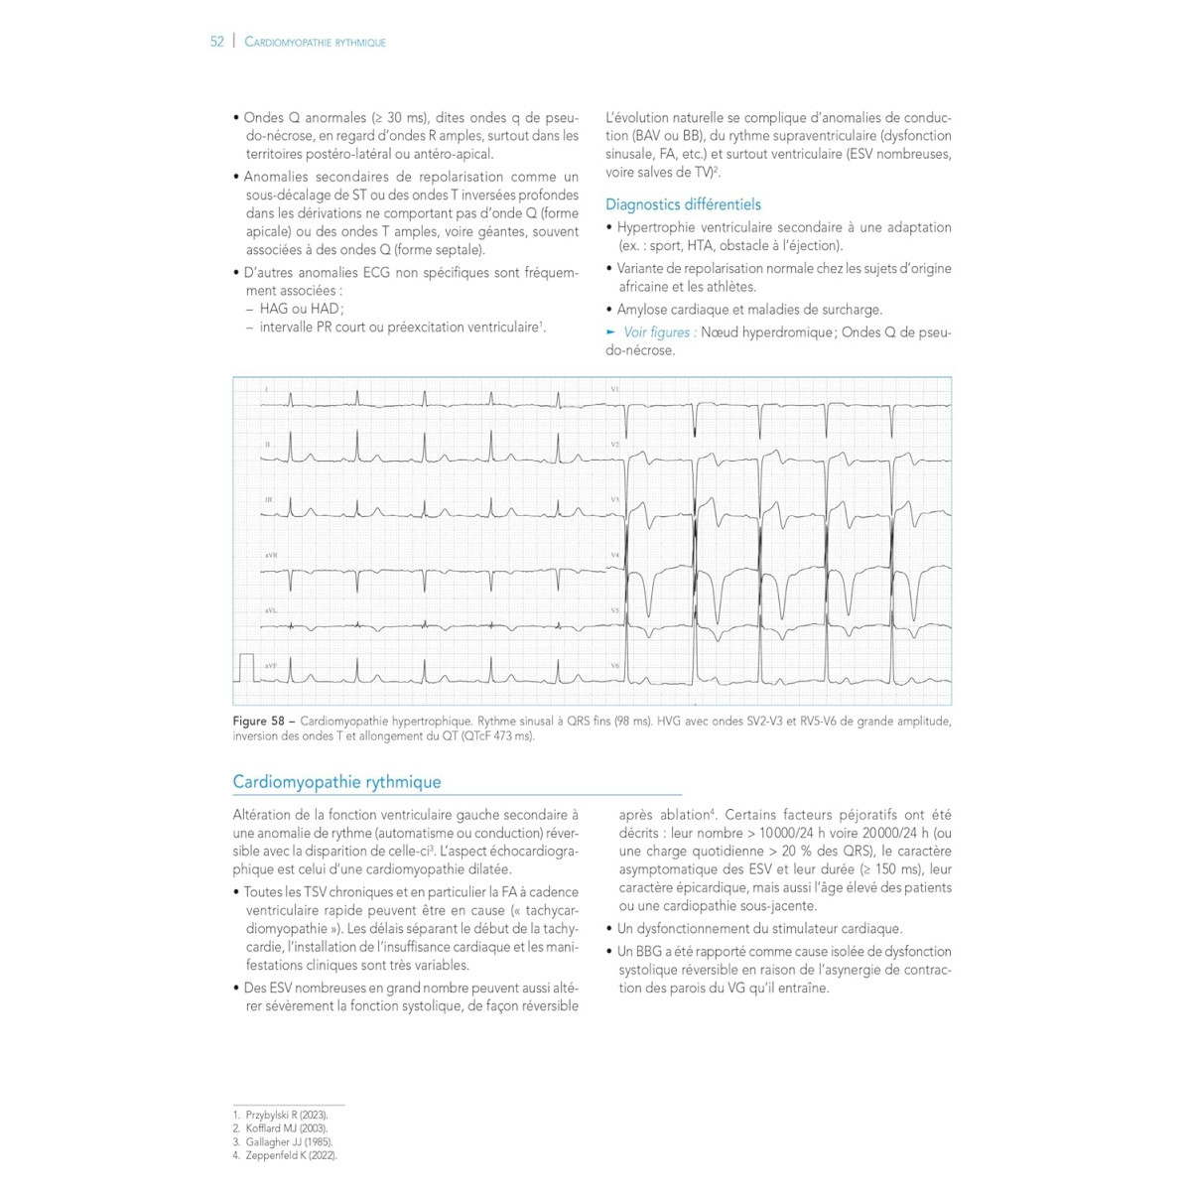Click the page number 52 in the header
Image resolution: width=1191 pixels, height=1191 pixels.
216,42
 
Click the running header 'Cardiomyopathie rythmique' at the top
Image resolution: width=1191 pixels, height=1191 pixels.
315,43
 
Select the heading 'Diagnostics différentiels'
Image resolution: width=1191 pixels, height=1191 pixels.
683,204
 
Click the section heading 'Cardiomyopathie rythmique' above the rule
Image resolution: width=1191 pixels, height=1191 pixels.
336,782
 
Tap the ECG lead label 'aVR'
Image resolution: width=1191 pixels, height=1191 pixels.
271,556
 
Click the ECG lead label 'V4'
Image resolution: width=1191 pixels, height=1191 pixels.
615,555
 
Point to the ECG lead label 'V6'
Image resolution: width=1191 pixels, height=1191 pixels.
615,666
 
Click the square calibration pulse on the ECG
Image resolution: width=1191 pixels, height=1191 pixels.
246,667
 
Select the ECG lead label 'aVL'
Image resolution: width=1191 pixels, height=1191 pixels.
271,610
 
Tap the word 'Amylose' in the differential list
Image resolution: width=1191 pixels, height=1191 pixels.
642,310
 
